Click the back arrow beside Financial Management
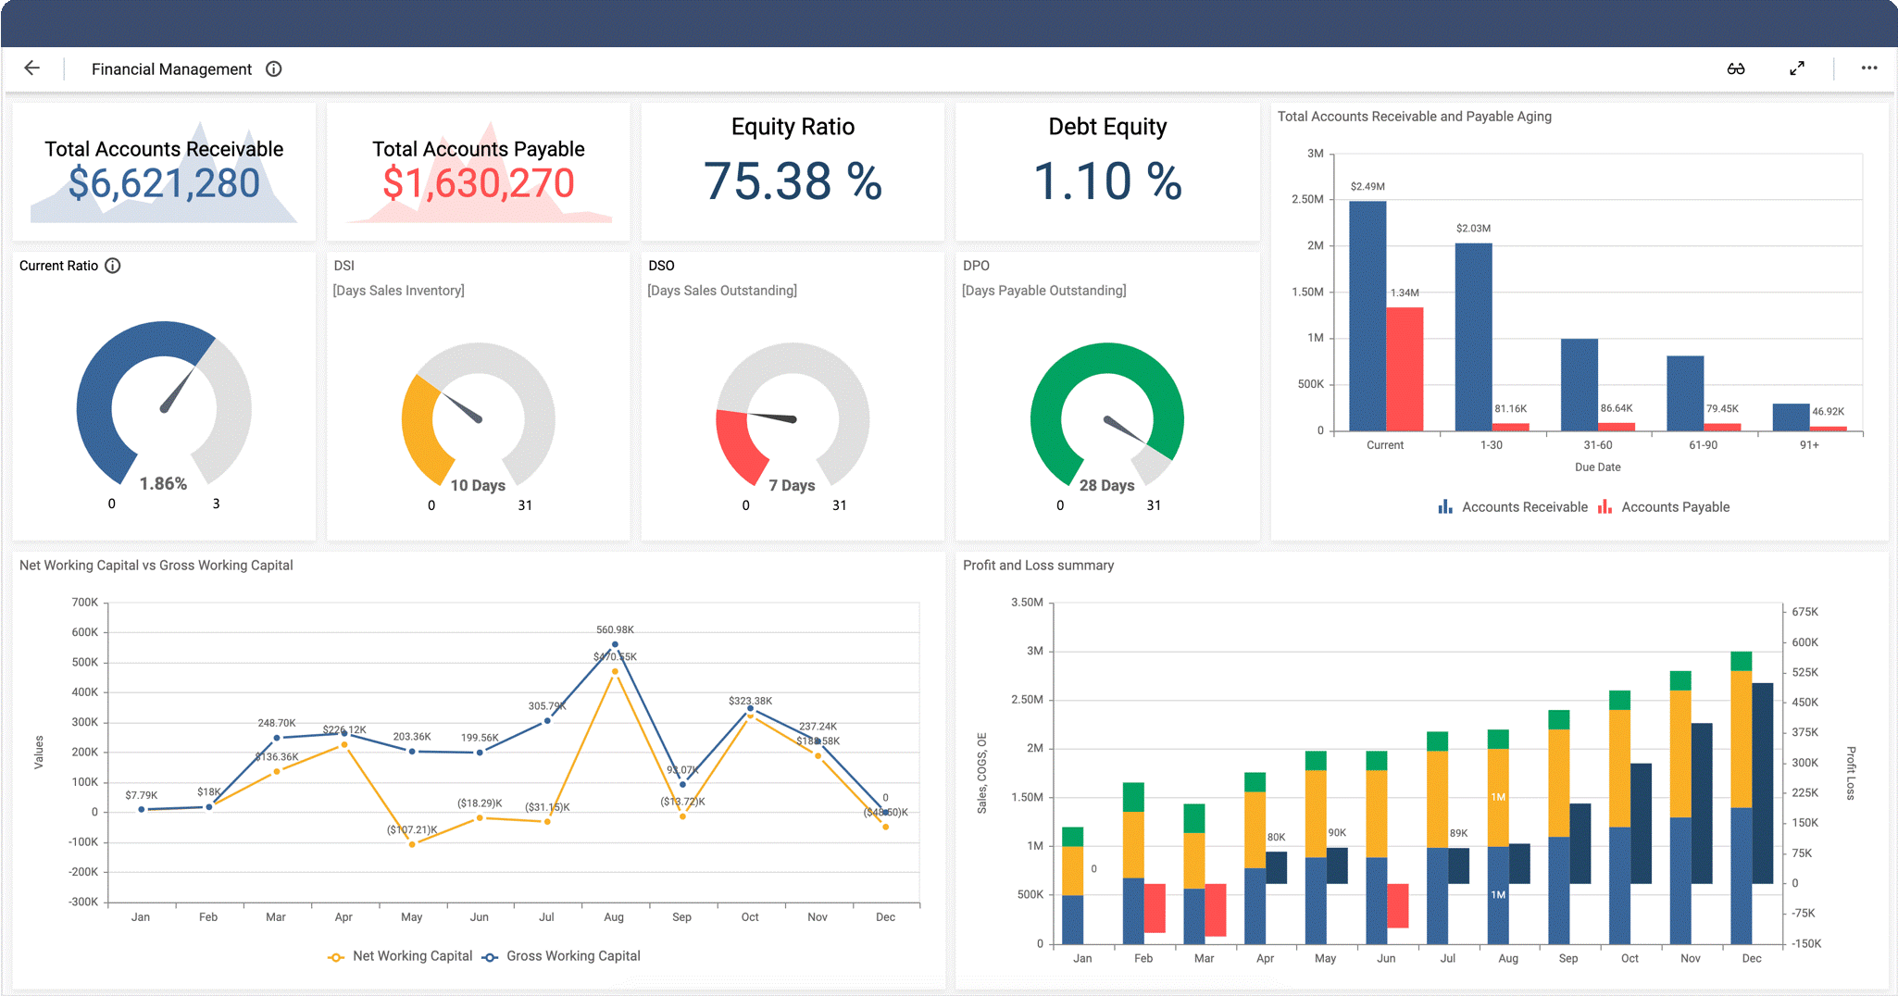pyautogui.click(x=31, y=68)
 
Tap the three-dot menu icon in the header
pyautogui.click(x=1868, y=68)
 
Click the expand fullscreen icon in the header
pyautogui.click(x=1796, y=68)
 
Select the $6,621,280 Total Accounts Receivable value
pyautogui.click(x=164, y=183)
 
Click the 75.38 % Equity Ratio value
pyautogui.click(x=793, y=181)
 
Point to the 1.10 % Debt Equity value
pyautogui.click(x=1107, y=181)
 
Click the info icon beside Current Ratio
pyautogui.click(x=113, y=266)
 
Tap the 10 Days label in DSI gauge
pyautogui.click(x=478, y=485)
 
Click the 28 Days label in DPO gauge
pyautogui.click(x=1106, y=485)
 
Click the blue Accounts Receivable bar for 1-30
pyautogui.click(x=1473, y=338)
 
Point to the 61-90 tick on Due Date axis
pyautogui.click(x=1703, y=445)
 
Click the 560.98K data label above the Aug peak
pyautogui.click(x=615, y=629)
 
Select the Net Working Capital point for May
pyautogui.click(x=412, y=844)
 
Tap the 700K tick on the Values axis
pyautogui.click(x=84, y=603)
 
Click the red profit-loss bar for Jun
pyautogui.click(x=1397, y=905)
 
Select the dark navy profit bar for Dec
pyautogui.click(x=1762, y=782)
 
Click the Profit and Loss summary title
pyautogui.click(x=1038, y=566)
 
